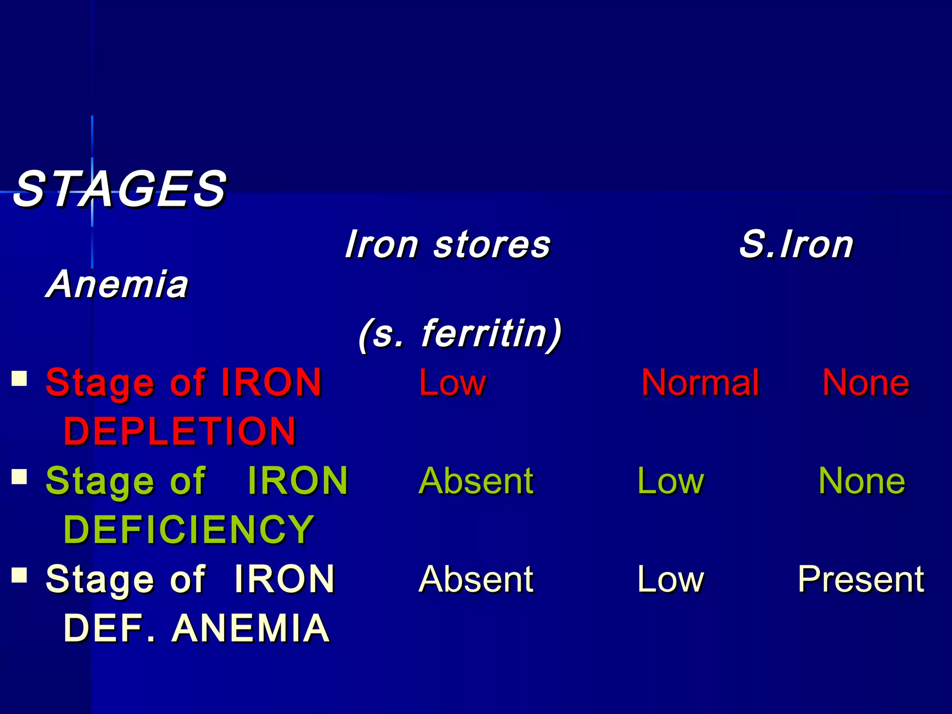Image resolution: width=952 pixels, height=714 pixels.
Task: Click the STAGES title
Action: [120, 189]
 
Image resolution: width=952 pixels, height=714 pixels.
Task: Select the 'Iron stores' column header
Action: [448, 245]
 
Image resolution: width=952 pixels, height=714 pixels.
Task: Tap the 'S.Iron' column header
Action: [796, 245]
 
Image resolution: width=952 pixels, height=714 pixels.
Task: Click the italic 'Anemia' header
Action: [118, 284]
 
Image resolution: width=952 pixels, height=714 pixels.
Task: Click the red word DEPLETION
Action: [180, 431]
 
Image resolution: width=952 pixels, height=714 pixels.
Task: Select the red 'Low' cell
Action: [452, 383]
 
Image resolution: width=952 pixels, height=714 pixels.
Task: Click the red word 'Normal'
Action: [700, 383]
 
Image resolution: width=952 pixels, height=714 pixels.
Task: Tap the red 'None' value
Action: [866, 383]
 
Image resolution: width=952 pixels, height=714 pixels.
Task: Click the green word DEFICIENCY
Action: [189, 529]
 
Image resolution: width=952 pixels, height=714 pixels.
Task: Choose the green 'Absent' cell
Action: [476, 481]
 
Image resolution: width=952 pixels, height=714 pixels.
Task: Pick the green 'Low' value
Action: [670, 481]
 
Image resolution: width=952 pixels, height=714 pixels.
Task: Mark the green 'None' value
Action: [861, 481]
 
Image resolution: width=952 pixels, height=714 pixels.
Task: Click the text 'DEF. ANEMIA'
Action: [197, 628]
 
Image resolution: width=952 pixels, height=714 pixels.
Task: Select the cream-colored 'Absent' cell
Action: [476, 579]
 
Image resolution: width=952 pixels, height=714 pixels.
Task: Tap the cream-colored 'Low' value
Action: [670, 579]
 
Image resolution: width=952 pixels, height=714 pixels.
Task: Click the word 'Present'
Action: [861, 579]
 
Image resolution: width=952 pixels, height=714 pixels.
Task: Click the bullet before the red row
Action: [19, 378]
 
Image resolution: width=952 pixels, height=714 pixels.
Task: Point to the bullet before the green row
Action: [19, 476]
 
